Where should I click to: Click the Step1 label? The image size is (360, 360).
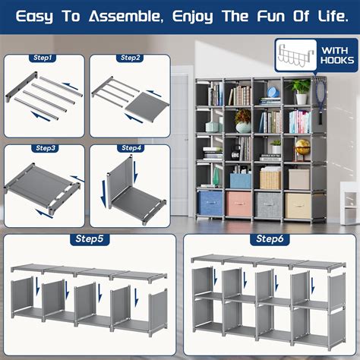point(43,58)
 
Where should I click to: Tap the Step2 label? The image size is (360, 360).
point(131,58)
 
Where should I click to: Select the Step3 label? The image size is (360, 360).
point(43,147)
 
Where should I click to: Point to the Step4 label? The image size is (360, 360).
point(131,147)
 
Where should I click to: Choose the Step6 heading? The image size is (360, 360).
point(270,239)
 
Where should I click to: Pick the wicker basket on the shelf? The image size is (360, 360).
point(270,178)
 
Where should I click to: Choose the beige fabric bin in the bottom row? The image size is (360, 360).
point(298,204)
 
